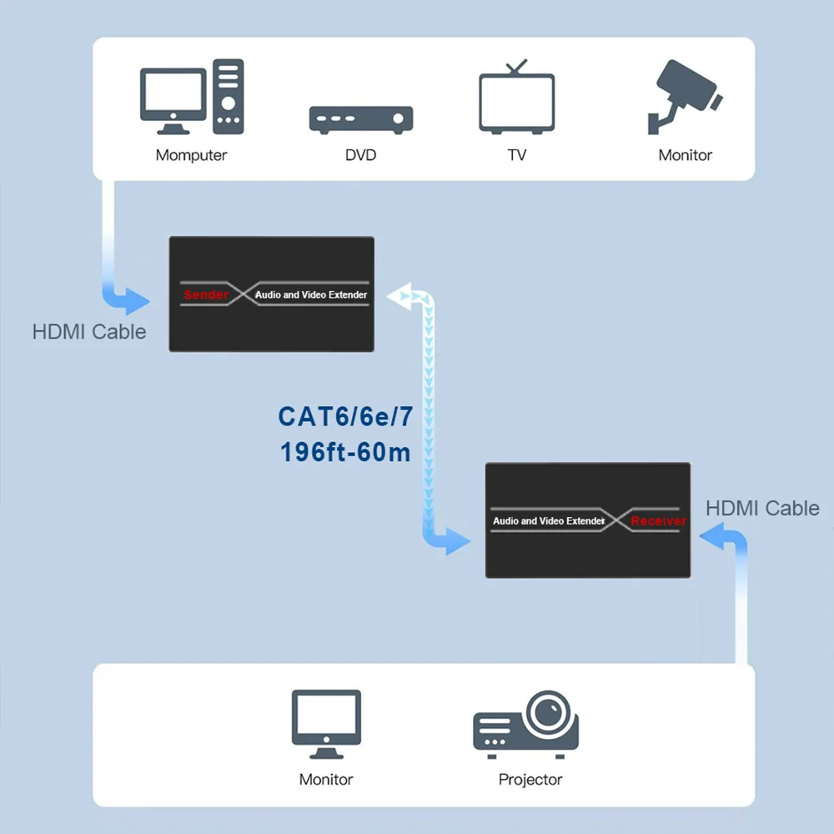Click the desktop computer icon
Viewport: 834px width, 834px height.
pyautogui.click(x=192, y=98)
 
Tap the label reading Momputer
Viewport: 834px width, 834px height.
pyautogui.click(x=191, y=155)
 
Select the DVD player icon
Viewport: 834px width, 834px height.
pyautogui.click(x=361, y=119)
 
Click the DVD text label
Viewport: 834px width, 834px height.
pyautogui.click(x=361, y=155)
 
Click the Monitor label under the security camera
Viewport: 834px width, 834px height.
pyautogui.click(x=686, y=155)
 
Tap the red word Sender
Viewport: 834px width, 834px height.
pyautogui.click(x=205, y=294)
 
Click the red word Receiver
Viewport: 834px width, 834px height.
pyautogui.click(x=658, y=520)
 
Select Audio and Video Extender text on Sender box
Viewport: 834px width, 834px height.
pyautogui.click(x=311, y=294)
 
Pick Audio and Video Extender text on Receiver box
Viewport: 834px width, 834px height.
pyautogui.click(x=548, y=520)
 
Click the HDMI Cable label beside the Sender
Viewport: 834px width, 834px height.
pyautogui.click(x=89, y=332)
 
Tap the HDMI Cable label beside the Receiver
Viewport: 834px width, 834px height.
pyautogui.click(x=762, y=508)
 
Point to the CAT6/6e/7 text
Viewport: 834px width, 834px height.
pyautogui.click(x=345, y=416)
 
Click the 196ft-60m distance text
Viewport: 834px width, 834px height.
pyautogui.click(x=345, y=453)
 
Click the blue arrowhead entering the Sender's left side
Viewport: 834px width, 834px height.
pyautogui.click(x=133, y=299)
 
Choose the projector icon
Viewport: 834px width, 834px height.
pyautogui.click(x=527, y=725)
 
